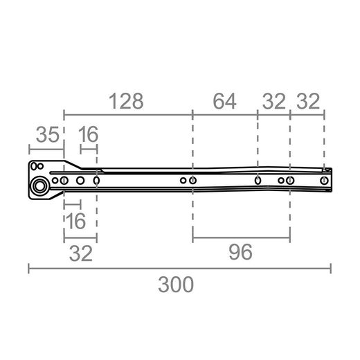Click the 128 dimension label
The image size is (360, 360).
tap(126, 101)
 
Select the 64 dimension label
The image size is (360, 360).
tap(224, 101)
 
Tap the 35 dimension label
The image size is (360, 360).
tap(48, 134)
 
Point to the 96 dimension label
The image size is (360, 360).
tap(240, 252)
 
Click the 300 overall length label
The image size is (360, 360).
tap(176, 285)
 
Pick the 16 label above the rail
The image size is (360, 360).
tap(89, 134)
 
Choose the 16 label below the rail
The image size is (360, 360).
tap(75, 221)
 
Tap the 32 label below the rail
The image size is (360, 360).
tap(81, 253)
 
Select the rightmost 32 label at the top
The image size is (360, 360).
tap(308, 101)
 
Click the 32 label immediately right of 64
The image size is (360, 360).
tap(274, 101)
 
